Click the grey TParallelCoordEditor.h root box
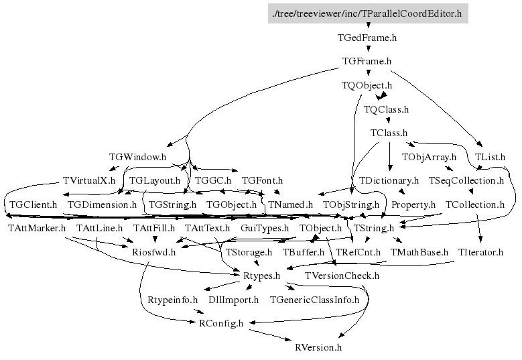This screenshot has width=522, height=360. pyautogui.click(x=367, y=13)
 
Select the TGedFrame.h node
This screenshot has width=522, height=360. pyautogui.click(x=367, y=38)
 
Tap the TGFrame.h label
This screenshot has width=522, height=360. pyautogui.click(x=367, y=62)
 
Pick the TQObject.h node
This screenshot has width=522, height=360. pyautogui.click(x=367, y=85)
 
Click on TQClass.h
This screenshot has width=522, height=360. pyautogui.click(x=386, y=109)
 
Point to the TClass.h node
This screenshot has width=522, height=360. pyautogui.click(x=389, y=133)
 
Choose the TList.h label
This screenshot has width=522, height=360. pyautogui.click(x=490, y=157)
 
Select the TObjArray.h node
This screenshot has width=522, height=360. pyautogui.click(x=429, y=157)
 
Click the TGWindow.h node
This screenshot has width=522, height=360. pyautogui.click(x=137, y=157)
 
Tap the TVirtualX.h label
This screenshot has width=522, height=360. pyautogui.click(x=88, y=180)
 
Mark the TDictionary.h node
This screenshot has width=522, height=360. pyautogui.click(x=389, y=180)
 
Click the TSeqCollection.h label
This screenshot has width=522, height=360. pyautogui.click(x=466, y=180)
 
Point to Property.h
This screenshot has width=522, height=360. pyautogui.click(x=413, y=204)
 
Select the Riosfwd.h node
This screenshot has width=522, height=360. pyautogui.click(x=153, y=252)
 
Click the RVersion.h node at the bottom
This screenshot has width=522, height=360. pyautogui.click(x=318, y=347)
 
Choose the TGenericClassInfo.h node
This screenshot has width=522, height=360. pyautogui.click(x=314, y=300)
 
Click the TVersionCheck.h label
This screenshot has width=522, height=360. pyautogui.click(x=342, y=276)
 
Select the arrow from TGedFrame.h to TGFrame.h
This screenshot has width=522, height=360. pyautogui.click(x=367, y=50)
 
